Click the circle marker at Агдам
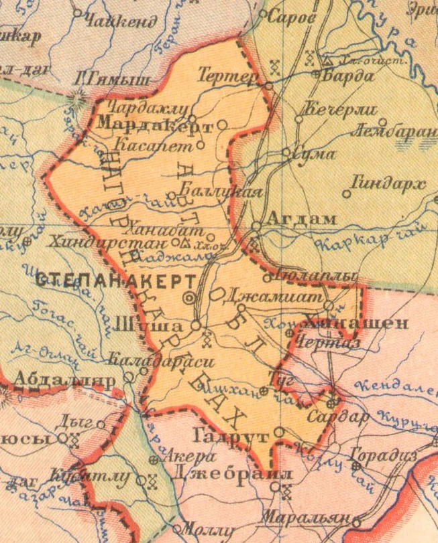point(256,226)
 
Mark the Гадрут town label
point(231,436)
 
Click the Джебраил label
point(232,473)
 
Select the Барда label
point(349,76)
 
